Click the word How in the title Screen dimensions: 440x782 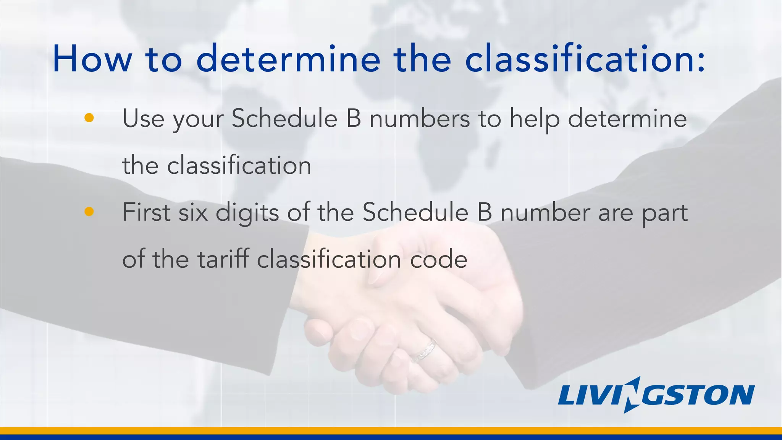coord(92,59)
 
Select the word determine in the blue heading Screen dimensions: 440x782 coord(288,59)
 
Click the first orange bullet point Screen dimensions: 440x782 coord(89,118)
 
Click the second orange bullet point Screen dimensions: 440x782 coord(89,212)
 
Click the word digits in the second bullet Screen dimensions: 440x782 coord(247,213)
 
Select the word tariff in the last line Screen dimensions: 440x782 coord(223,259)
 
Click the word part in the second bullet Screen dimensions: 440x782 coord(664,213)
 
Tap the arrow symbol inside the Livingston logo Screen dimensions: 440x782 coord(633,395)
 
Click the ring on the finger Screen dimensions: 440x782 coord(423,351)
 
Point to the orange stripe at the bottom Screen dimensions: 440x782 coord(391,430)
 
